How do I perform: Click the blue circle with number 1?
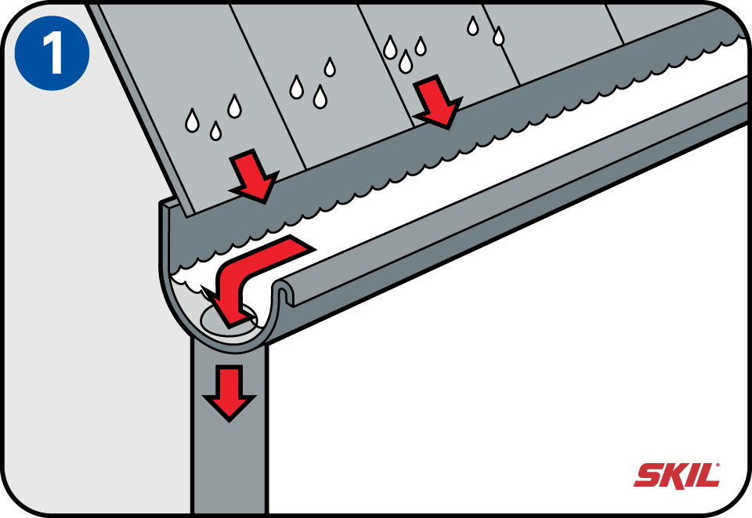(52, 53)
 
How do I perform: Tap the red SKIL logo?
(677, 476)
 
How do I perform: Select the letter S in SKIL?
(648, 476)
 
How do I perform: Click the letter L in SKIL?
(707, 476)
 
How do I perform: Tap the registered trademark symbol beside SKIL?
(718, 464)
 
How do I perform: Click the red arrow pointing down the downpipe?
(230, 393)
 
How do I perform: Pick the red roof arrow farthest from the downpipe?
(436, 102)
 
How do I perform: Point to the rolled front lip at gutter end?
(283, 292)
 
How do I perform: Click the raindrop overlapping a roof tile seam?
(499, 36)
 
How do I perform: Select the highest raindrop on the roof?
(473, 25)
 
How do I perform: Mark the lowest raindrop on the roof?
(216, 130)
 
